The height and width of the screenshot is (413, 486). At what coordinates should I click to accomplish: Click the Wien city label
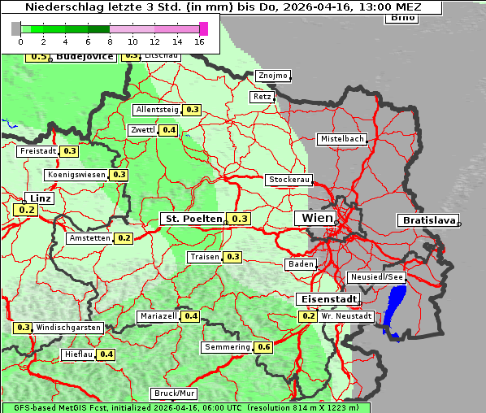tap(317, 218)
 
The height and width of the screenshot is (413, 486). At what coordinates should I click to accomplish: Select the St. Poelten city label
tap(193, 219)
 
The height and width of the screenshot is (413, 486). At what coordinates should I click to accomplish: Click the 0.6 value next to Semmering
tap(263, 347)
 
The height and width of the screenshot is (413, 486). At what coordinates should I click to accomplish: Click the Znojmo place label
tap(272, 76)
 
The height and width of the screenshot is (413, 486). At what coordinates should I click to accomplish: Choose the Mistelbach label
tap(341, 139)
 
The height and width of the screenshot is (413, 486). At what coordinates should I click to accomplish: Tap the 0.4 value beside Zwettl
tap(168, 130)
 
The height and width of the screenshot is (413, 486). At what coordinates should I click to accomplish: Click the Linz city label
tap(39, 198)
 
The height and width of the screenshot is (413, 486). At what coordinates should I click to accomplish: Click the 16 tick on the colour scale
tap(199, 41)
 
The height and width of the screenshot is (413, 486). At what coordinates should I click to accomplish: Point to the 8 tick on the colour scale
tap(110, 41)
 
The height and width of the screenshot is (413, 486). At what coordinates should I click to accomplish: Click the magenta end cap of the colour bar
tap(203, 28)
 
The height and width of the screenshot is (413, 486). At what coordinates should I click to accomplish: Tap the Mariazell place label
tap(158, 316)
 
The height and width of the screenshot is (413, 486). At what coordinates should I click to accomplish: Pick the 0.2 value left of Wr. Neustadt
tap(308, 316)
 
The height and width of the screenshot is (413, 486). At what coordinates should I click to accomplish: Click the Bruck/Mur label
tap(175, 393)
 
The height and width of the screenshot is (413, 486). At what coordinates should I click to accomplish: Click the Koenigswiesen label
tap(76, 175)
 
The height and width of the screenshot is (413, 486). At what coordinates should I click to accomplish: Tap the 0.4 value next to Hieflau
tap(106, 354)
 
